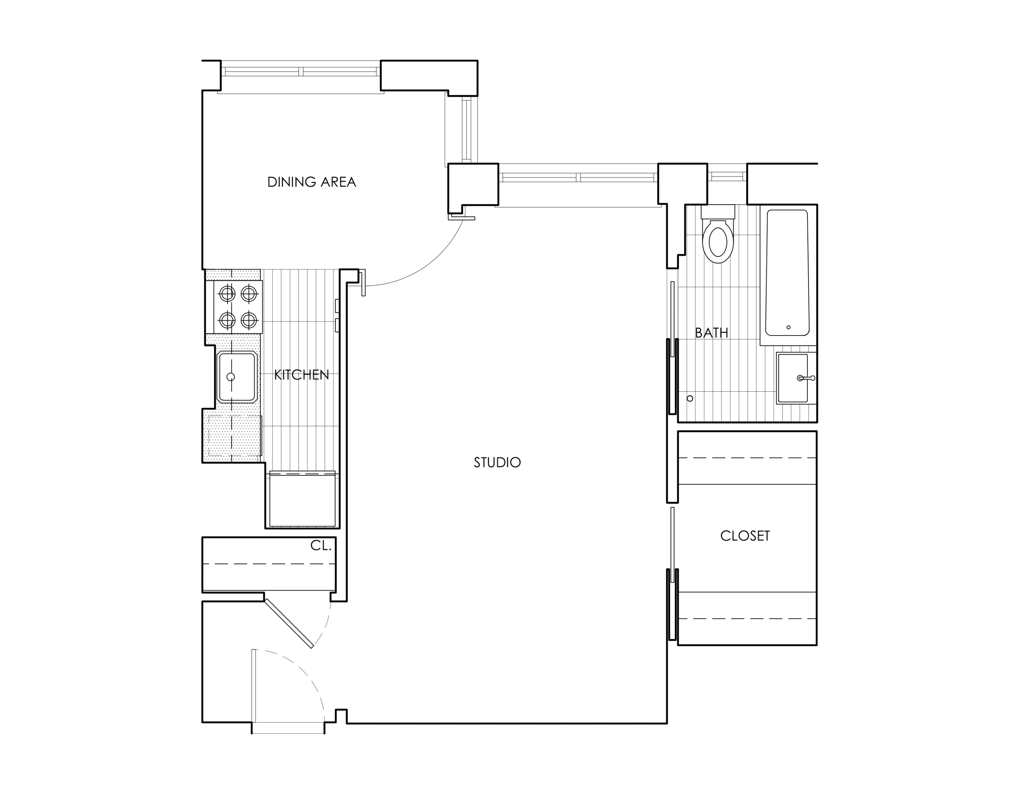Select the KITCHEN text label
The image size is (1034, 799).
pyautogui.click(x=301, y=375)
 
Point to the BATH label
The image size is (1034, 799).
pyautogui.click(x=711, y=333)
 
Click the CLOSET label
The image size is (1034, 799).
pyautogui.click(x=745, y=536)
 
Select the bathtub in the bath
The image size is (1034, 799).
pyautogui.click(x=787, y=272)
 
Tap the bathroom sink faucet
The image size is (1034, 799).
pyautogui.click(x=806, y=378)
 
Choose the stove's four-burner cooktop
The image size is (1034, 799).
pyautogui.click(x=238, y=307)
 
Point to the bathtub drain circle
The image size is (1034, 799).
pyautogui.click(x=788, y=327)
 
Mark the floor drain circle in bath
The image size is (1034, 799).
pyautogui.click(x=690, y=399)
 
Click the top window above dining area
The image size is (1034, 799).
pyautogui.click(x=300, y=72)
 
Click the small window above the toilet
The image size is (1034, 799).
pyautogui.click(x=727, y=176)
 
